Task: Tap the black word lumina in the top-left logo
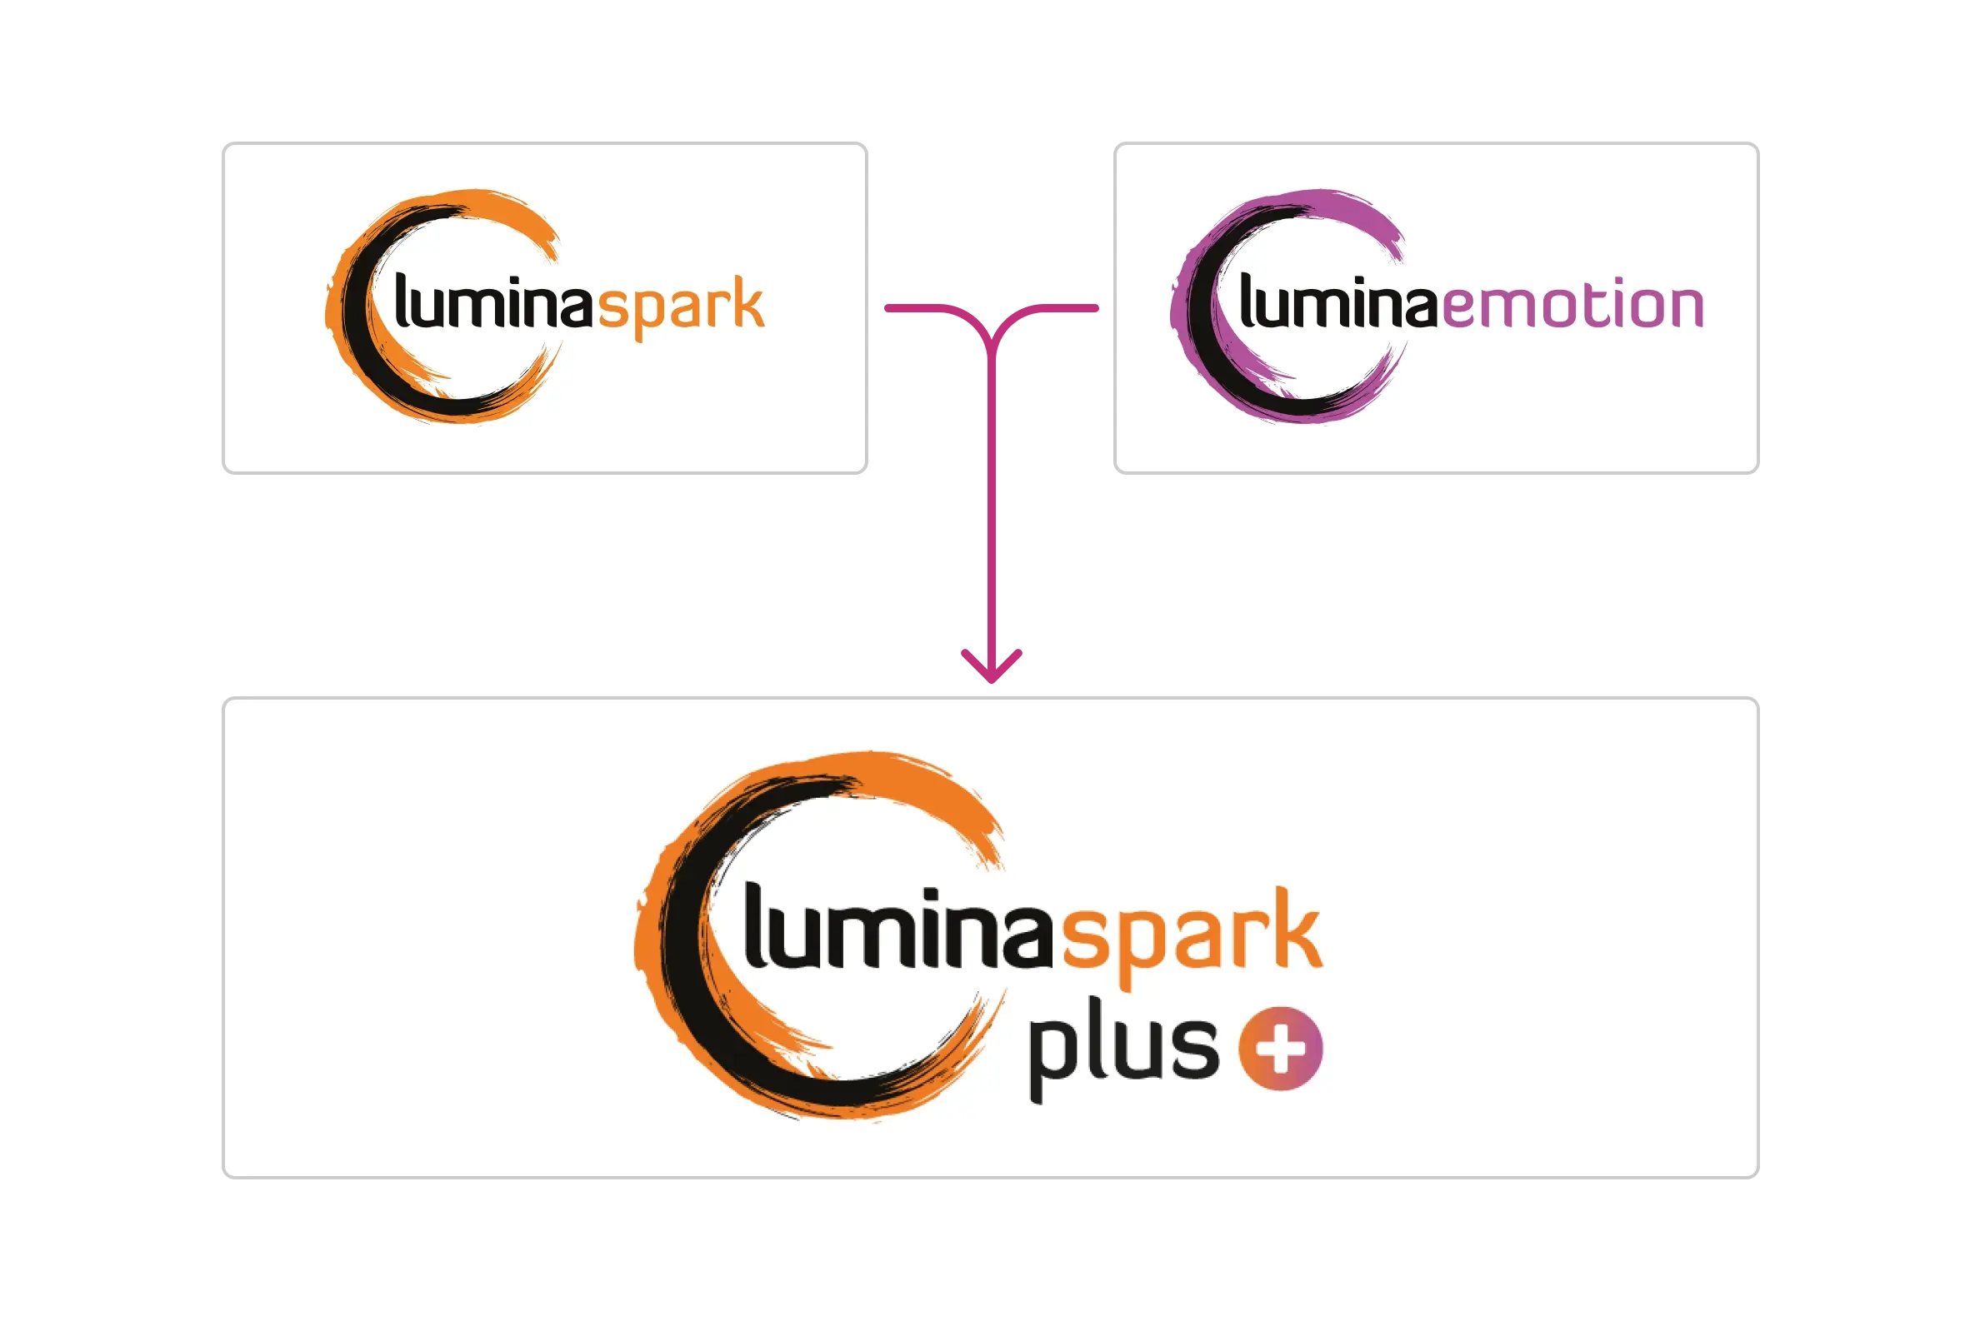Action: pyautogui.click(x=494, y=303)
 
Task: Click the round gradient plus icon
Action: pyautogui.click(x=1280, y=1049)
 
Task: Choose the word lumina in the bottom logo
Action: pyautogui.click(x=898, y=929)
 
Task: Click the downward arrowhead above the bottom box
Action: pyautogui.click(x=993, y=666)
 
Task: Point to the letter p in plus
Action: pyautogui.click(x=1048, y=1058)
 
